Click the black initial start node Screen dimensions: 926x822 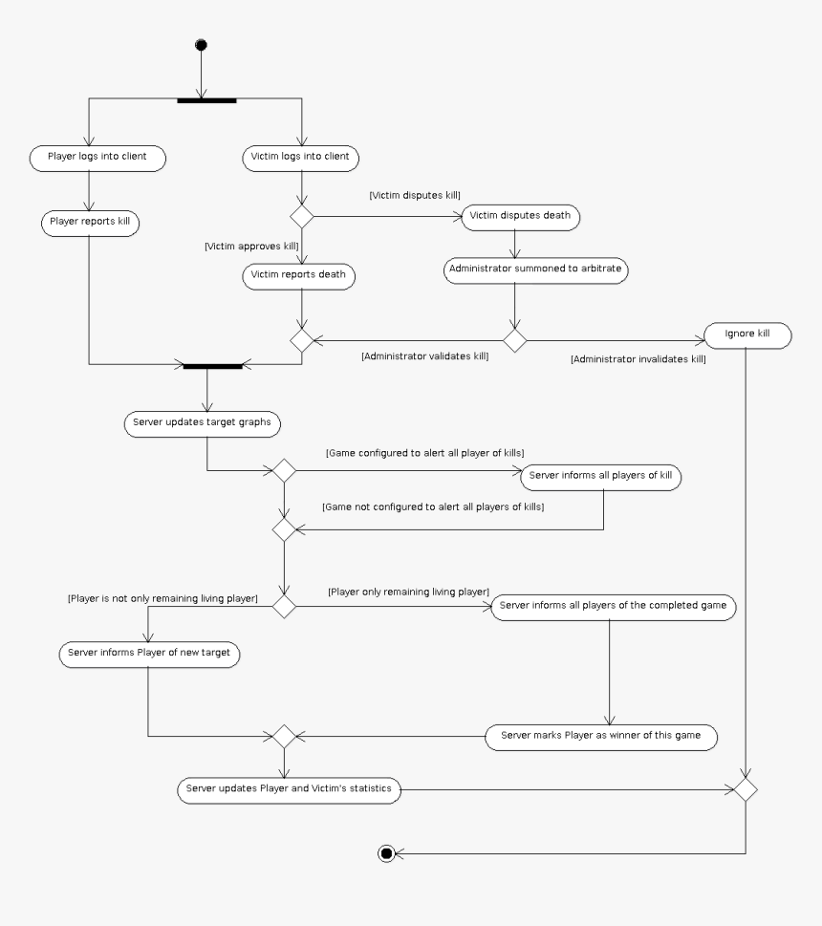click(x=201, y=45)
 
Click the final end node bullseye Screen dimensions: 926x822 click(x=386, y=853)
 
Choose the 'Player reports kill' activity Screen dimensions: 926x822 click(x=90, y=223)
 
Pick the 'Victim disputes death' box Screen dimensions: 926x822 click(x=521, y=216)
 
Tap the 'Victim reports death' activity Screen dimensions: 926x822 click(x=297, y=275)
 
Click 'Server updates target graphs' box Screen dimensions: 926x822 click(x=204, y=421)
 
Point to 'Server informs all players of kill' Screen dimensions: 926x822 click(x=599, y=476)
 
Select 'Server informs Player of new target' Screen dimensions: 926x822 click(x=149, y=655)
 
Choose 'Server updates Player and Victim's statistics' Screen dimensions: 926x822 click(x=290, y=789)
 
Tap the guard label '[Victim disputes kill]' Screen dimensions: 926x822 click(x=414, y=194)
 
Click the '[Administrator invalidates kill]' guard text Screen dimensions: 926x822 click(x=638, y=359)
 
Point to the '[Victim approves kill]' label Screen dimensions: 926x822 click(x=251, y=246)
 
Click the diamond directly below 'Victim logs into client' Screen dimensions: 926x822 click(x=302, y=216)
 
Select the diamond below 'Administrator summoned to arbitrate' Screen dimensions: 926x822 click(x=515, y=340)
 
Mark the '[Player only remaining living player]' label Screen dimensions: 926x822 click(x=408, y=592)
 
